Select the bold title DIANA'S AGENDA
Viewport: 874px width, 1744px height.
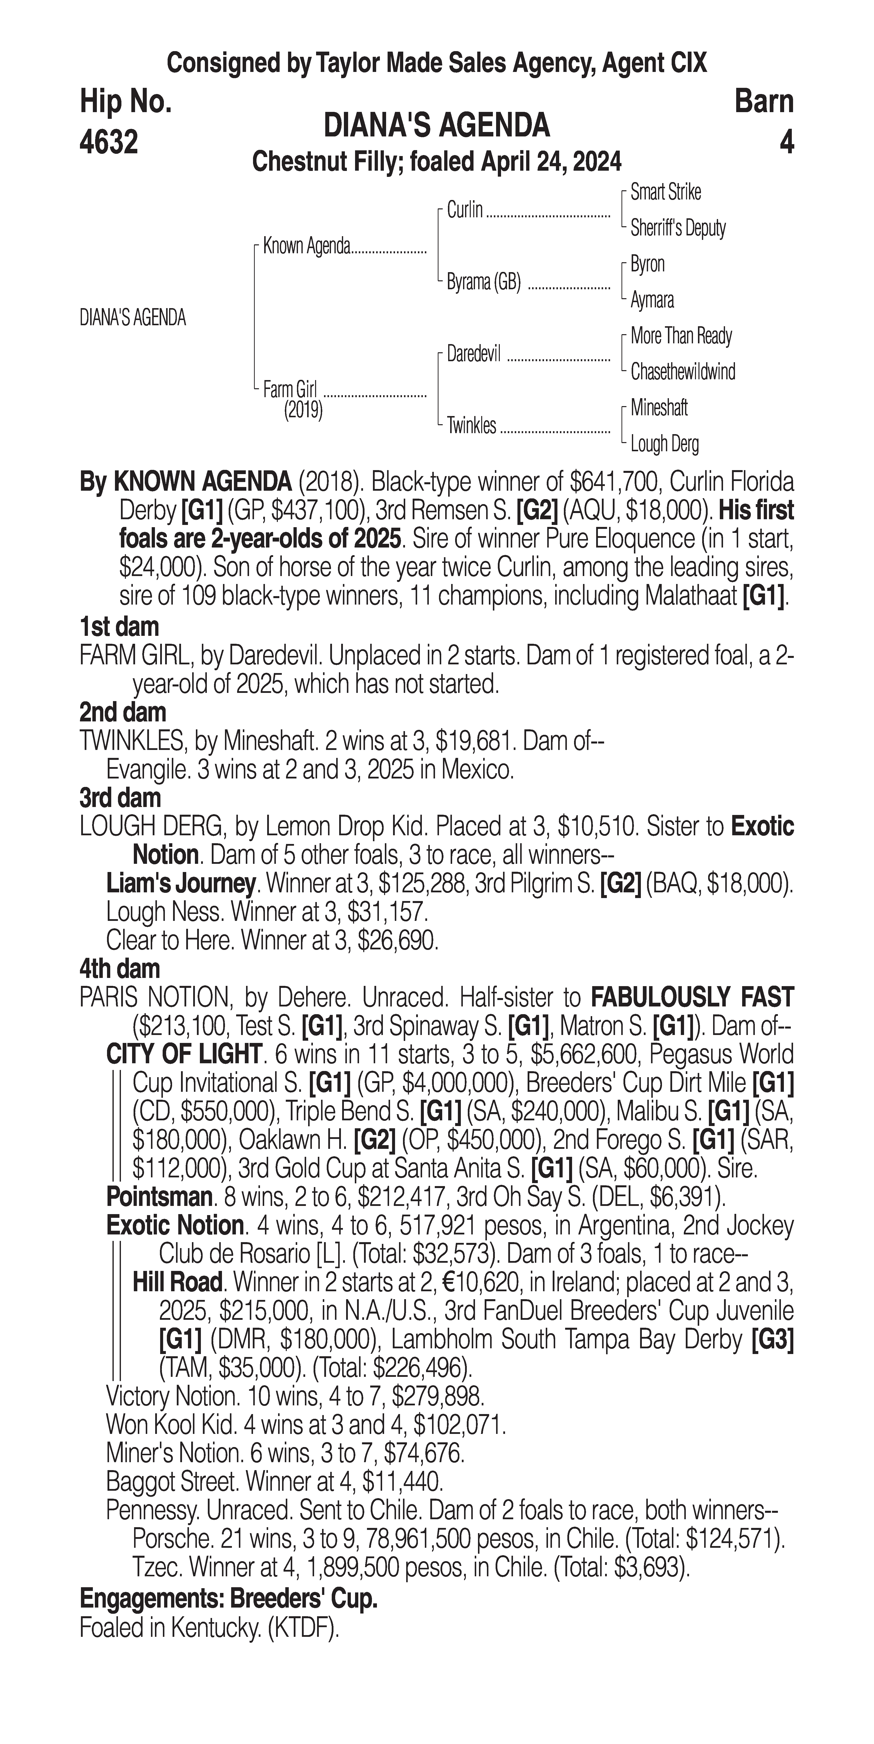coord(437,126)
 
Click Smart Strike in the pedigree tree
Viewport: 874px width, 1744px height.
coord(665,192)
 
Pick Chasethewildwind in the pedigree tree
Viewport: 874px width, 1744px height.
coord(682,372)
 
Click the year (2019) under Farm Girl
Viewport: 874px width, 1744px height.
coord(303,410)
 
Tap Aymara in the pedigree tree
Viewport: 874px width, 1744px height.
coord(652,300)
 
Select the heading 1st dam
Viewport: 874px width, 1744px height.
coord(119,627)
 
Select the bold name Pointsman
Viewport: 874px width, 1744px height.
coord(159,1196)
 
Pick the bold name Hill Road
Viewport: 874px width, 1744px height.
coord(178,1282)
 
